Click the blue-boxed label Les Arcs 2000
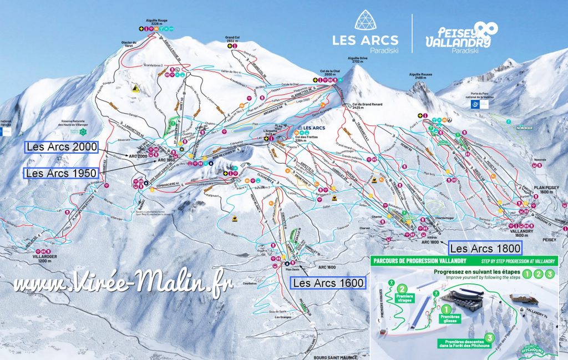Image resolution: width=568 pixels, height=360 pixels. tap(61, 147)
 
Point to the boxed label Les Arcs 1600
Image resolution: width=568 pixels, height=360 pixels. tap(328, 283)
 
